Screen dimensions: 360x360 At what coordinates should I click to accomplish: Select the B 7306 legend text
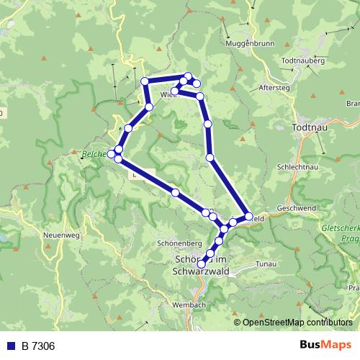tap(38, 346)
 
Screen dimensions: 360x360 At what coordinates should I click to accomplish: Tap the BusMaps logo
tap(325, 346)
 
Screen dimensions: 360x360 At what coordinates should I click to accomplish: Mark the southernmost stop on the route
tap(202, 264)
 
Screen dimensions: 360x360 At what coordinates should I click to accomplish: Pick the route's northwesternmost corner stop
tap(145, 81)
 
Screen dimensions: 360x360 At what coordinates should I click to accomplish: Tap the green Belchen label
tap(94, 153)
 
